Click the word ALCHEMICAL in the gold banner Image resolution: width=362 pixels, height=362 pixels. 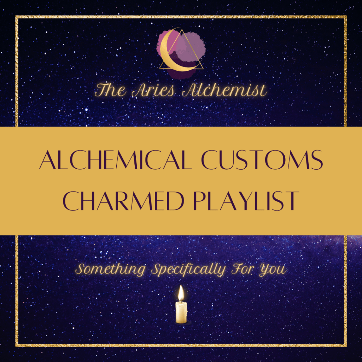(116, 160)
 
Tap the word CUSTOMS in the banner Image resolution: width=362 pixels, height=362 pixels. (262, 160)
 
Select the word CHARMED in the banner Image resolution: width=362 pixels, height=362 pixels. (123, 201)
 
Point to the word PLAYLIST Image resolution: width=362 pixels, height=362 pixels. (246, 201)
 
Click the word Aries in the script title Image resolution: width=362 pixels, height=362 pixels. (153, 90)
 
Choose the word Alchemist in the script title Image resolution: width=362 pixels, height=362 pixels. (224, 90)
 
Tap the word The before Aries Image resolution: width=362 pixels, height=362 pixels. (110, 90)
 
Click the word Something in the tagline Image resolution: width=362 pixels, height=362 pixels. (110, 270)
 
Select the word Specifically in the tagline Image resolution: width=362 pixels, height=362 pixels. (188, 270)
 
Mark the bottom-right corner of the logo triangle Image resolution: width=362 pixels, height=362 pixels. (203, 69)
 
